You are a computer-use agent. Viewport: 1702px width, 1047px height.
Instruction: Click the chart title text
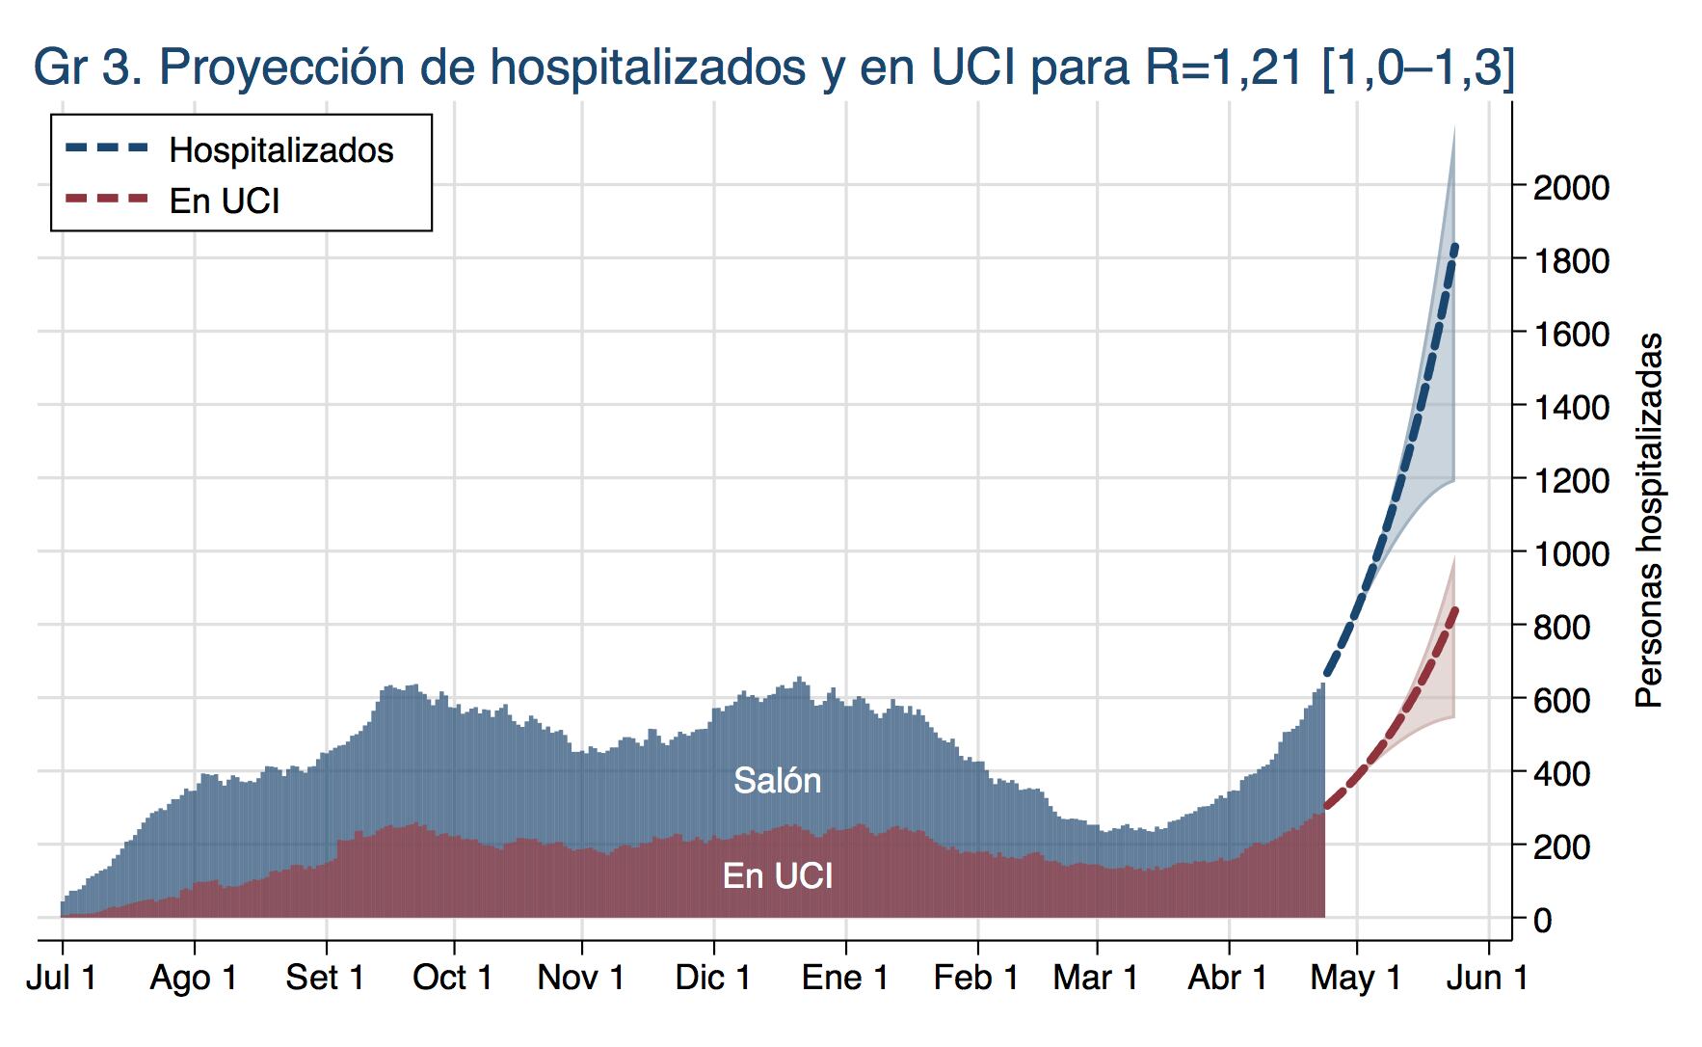coord(774,67)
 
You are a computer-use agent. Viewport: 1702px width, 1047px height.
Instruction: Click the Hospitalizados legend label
coord(280,150)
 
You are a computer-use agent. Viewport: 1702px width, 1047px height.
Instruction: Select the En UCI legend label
coord(225,201)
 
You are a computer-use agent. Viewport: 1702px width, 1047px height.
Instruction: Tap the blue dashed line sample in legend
coord(107,148)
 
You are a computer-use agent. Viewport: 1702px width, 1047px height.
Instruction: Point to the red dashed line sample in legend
coord(107,200)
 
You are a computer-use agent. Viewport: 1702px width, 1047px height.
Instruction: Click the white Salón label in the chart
coord(777,780)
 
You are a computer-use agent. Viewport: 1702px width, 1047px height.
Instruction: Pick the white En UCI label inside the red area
coord(777,875)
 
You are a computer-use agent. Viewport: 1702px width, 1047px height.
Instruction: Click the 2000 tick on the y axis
coord(1571,187)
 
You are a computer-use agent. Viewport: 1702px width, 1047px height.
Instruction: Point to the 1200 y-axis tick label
coord(1571,480)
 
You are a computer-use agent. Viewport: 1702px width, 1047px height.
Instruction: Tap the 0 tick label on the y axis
coord(1542,920)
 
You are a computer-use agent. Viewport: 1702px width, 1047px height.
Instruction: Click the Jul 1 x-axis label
coord(62,978)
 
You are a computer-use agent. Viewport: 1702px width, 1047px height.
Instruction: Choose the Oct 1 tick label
coord(452,978)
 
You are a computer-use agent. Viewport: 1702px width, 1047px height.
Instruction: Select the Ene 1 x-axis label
coord(845,978)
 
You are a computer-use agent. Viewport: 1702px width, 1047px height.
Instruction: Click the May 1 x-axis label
coord(1355,978)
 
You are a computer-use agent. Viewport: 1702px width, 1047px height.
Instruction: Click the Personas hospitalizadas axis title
coord(1650,521)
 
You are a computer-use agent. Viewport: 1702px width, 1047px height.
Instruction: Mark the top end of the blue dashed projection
coord(1454,247)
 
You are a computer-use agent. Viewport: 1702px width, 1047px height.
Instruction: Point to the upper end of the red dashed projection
coord(1454,609)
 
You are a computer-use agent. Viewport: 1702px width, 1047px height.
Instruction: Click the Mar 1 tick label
coord(1096,978)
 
